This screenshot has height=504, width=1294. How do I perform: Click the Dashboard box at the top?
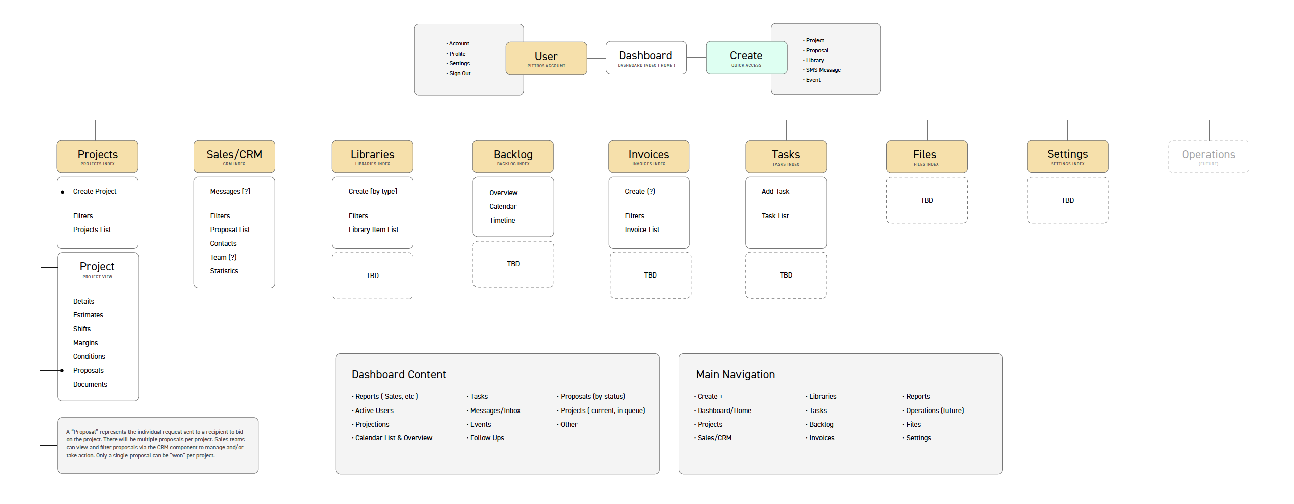(645, 58)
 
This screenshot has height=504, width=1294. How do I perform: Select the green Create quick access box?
(746, 58)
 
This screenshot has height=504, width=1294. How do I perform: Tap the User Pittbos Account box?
(546, 58)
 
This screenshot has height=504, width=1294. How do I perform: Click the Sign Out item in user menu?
(459, 73)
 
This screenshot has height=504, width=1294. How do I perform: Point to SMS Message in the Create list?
(823, 70)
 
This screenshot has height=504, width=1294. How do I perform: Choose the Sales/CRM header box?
(234, 156)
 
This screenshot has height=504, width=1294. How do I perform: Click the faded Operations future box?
(1208, 156)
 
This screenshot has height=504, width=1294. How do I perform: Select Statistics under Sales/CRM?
(224, 271)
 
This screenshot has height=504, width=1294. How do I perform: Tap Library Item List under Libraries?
(373, 230)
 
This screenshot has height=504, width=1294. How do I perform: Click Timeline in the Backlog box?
(502, 220)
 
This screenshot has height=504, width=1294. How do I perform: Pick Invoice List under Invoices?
(641, 230)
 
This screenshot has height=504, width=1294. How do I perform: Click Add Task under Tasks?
(775, 191)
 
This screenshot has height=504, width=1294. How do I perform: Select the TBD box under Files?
(926, 200)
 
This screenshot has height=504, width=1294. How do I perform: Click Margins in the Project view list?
(85, 343)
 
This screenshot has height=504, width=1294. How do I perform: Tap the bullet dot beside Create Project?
(62, 192)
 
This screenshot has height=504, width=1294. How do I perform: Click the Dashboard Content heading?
(398, 374)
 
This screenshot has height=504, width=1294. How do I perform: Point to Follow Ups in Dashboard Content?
(487, 438)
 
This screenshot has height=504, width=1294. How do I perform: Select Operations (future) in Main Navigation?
(934, 410)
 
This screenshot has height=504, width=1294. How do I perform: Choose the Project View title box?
(97, 269)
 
